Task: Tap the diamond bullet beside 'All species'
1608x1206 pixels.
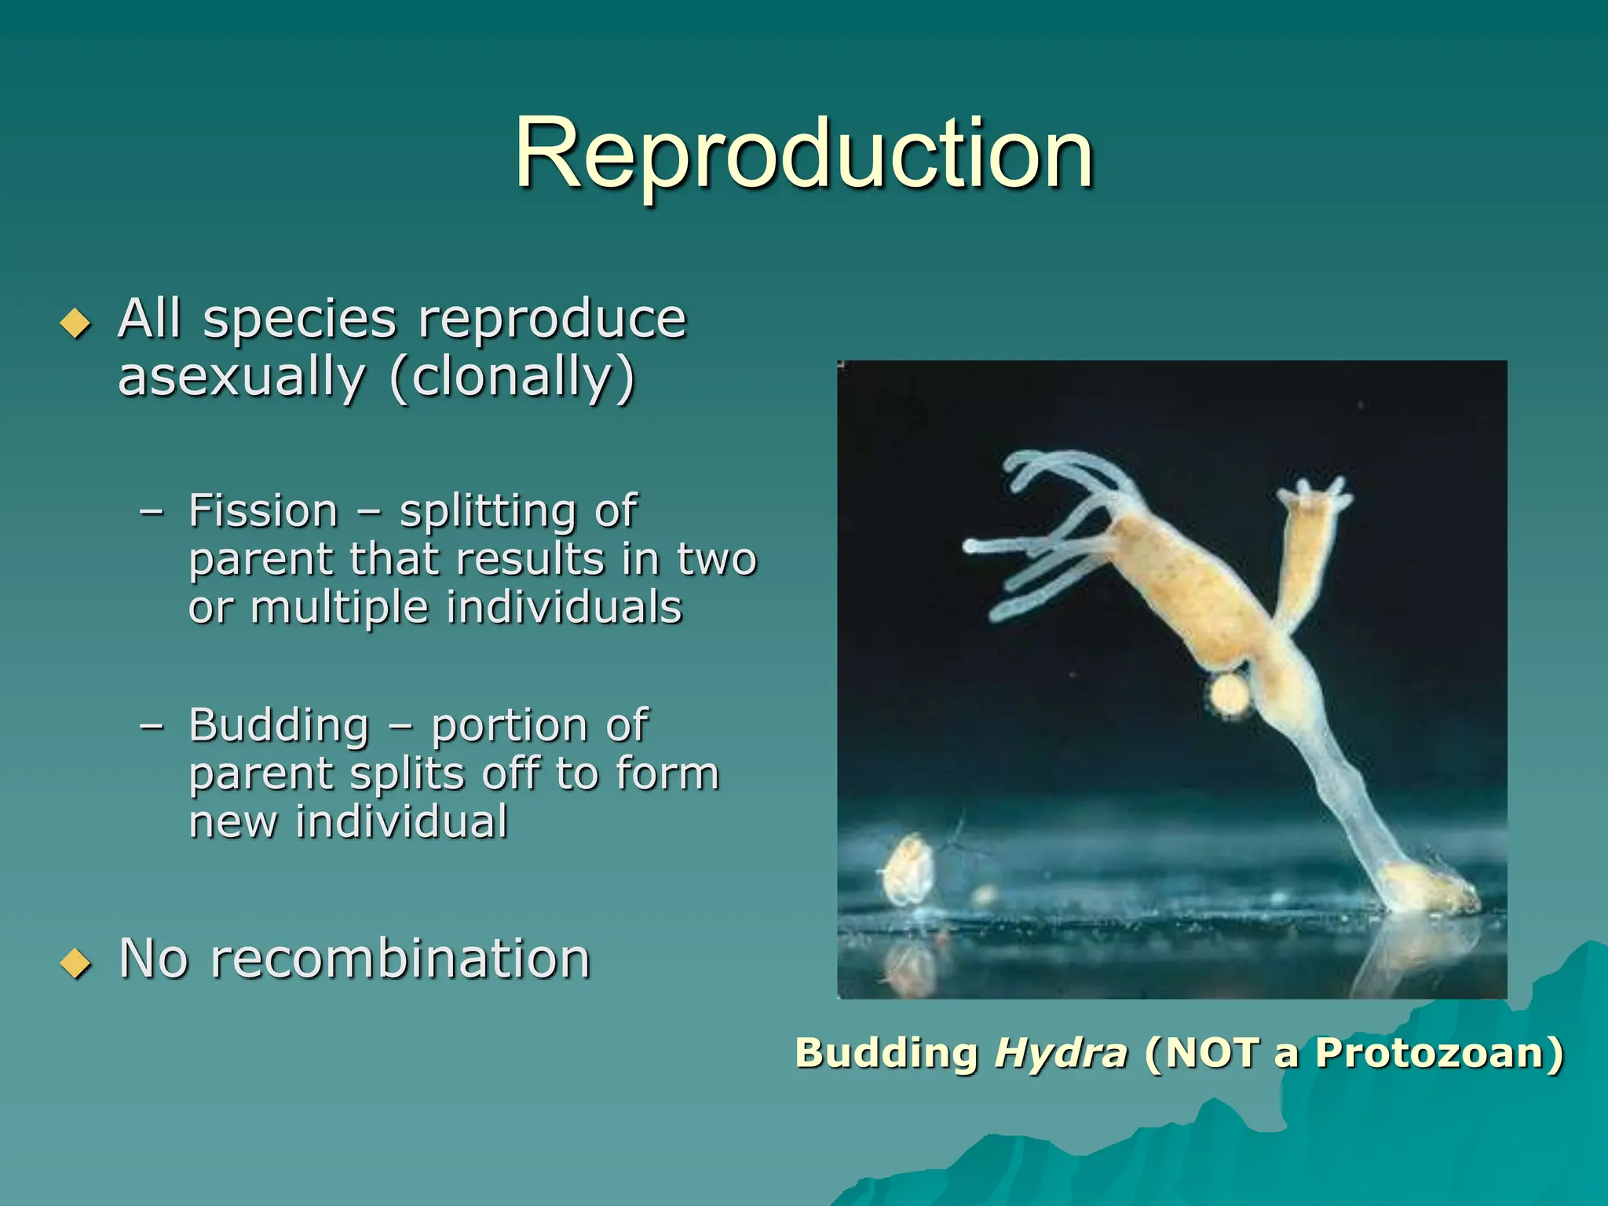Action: point(75,323)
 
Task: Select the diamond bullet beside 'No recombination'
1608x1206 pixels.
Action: point(75,963)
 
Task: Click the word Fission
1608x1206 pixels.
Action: point(263,511)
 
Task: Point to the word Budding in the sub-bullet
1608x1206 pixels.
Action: point(279,725)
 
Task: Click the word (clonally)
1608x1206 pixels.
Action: point(512,378)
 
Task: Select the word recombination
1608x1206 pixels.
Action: point(400,959)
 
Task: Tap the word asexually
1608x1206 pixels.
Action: point(242,378)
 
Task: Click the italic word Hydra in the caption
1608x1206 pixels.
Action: point(1061,1054)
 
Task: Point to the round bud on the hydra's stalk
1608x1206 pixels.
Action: point(1229,694)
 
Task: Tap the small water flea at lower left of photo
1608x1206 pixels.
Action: point(909,870)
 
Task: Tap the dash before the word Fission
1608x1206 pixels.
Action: point(152,512)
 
